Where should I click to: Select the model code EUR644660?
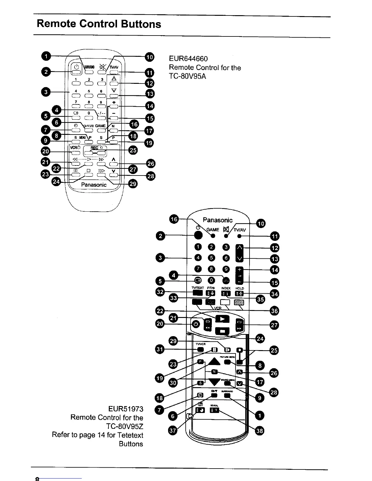point(188,59)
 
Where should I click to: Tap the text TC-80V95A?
point(187,76)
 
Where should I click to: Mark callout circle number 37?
point(173,431)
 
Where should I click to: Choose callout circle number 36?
point(274,311)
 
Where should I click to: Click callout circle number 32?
point(160,292)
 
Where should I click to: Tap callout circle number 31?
point(160,350)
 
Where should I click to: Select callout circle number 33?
point(174,298)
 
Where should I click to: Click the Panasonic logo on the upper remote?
point(94,185)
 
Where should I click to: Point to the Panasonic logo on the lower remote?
point(218,220)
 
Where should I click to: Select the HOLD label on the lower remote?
point(240,288)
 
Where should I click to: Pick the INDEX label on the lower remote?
point(226,288)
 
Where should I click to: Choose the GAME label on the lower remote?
point(213,230)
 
